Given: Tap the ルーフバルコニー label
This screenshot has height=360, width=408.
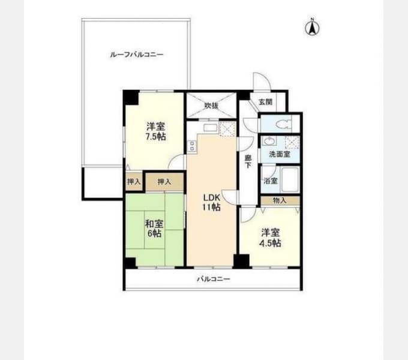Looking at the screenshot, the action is point(137,55).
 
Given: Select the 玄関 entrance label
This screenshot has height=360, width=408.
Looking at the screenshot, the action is point(265,102).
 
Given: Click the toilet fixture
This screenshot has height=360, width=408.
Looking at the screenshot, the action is point(283,124).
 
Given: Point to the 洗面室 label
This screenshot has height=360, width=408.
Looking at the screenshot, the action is point(280,154).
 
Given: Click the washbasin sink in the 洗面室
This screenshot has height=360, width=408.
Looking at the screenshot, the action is point(269,141).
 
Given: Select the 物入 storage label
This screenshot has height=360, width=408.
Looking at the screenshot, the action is point(280,200).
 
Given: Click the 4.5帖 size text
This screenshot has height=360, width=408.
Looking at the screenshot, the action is point(270,243).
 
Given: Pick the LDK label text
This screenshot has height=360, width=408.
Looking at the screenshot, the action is point(212,197).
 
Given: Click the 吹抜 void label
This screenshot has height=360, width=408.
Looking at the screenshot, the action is point(211,106).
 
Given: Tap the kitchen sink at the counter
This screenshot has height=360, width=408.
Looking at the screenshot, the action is point(210,128).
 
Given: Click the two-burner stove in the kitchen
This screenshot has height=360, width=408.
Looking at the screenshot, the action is point(192,146).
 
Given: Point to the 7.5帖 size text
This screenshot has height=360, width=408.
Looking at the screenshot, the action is point(155,137).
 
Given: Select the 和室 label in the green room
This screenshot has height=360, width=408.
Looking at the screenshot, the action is point(154,224).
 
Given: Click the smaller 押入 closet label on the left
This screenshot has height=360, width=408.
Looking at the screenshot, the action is point(134,182).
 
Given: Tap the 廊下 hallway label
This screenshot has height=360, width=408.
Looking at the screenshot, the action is point(248,161).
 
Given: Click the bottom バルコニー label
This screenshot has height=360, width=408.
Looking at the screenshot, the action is point(214,279).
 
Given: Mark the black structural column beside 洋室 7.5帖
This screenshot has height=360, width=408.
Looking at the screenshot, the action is point(131,97).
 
